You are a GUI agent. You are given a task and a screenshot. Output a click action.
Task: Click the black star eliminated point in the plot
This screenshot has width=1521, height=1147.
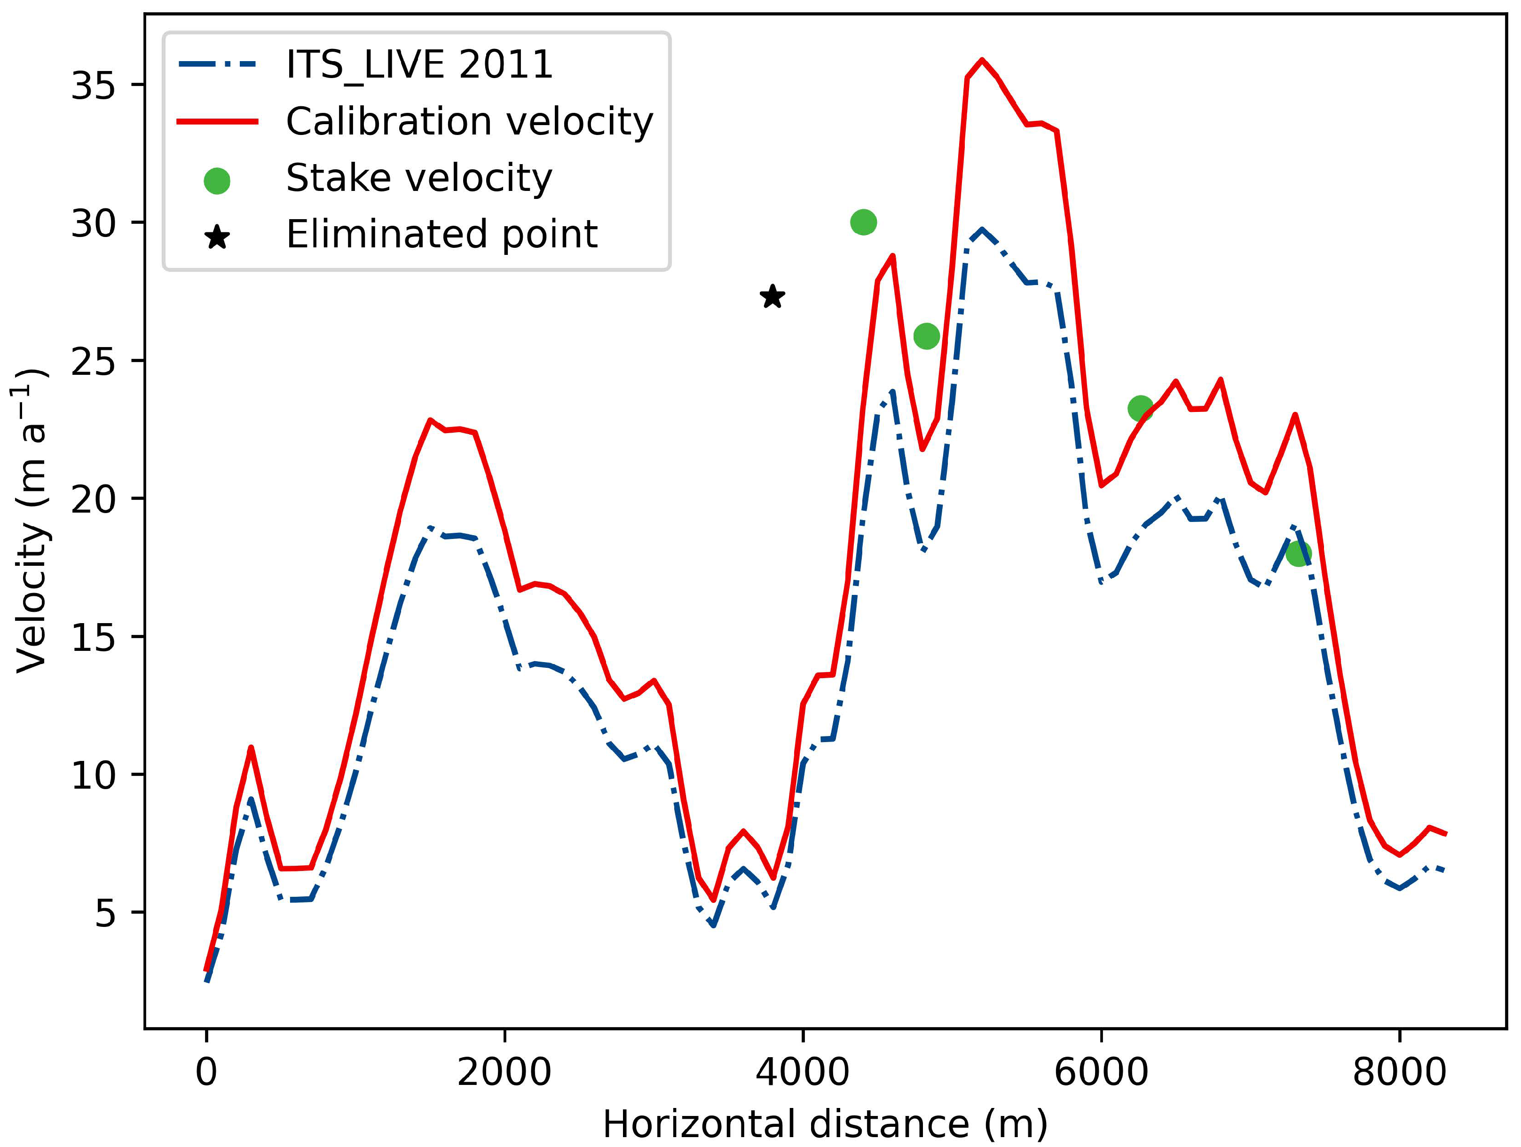tap(773, 297)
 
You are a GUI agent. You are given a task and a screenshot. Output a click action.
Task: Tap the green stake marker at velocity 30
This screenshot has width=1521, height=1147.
tap(863, 222)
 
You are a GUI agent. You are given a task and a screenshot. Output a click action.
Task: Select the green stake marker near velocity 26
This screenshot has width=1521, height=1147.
tap(926, 336)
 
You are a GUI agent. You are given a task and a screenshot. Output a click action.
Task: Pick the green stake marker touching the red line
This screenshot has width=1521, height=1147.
tap(1141, 409)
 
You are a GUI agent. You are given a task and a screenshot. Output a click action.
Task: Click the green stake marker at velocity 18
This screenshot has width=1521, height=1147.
tap(1298, 553)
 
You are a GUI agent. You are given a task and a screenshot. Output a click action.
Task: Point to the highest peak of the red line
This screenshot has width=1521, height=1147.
tap(982, 60)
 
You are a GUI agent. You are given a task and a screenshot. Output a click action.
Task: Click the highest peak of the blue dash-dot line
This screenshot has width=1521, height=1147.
tap(982, 229)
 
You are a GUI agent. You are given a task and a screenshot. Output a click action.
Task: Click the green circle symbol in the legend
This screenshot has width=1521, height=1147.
tap(217, 181)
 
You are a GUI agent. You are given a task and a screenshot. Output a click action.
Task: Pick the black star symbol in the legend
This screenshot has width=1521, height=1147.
tap(217, 238)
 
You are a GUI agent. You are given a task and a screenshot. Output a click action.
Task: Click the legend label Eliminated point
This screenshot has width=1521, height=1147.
tap(441, 235)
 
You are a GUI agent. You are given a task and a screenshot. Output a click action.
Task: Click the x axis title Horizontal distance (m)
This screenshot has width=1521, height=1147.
tap(825, 1125)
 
